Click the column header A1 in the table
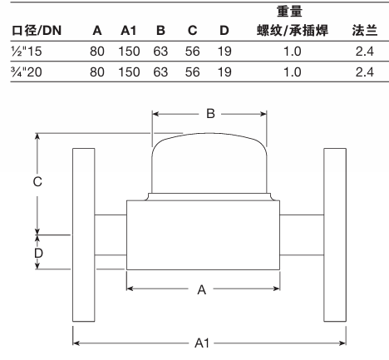coord(129,31)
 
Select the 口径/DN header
coord(37,31)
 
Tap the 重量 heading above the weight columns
coord(289,12)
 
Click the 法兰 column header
coord(365,31)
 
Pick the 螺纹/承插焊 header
coord(293,31)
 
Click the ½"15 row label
coord(27,52)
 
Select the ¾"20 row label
coord(27,72)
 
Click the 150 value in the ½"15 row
coord(129,52)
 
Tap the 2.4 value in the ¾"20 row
coord(365,72)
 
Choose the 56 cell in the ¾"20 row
coord(192,72)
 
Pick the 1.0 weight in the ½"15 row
coord(292,52)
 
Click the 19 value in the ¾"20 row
coord(224,72)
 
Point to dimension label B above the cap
coord(210,114)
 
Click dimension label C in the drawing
coord(37,182)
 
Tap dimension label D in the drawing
coord(38,254)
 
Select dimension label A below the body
coord(202,290)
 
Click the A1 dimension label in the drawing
coord(202,343)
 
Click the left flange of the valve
coord(84,235)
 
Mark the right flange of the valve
coord(335,235)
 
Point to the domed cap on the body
coord(209,164)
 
